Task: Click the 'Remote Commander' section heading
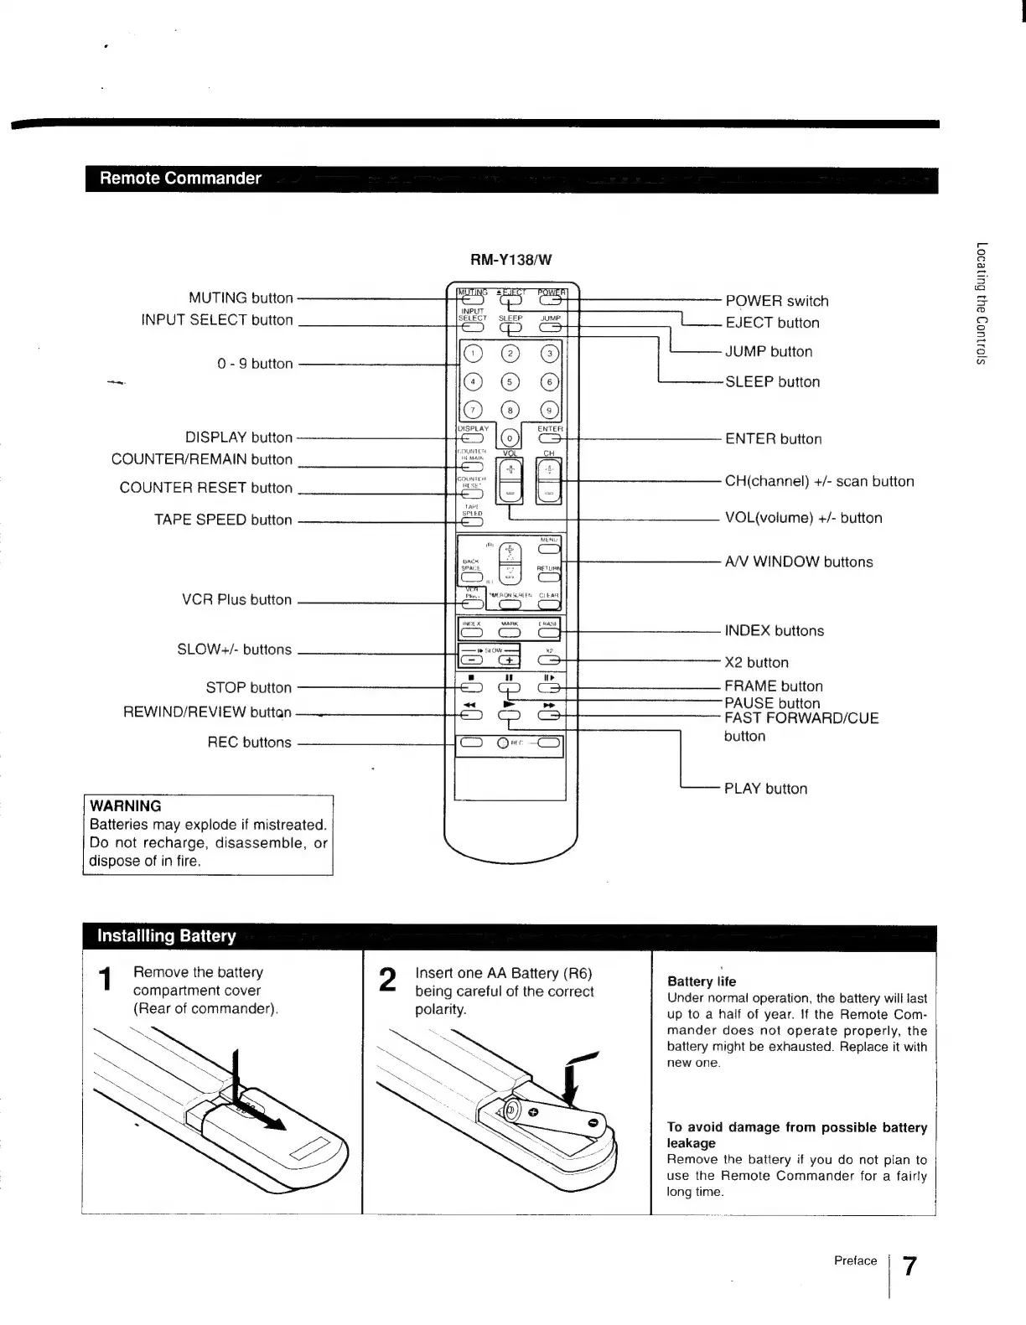(180, 179)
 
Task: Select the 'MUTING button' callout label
(241, 298)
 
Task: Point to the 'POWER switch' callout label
(776, 301)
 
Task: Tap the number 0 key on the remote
(509, 438)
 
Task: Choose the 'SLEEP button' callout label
(772, 381)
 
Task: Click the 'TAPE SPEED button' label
(223, 520)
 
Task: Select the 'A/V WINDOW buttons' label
(798, 562)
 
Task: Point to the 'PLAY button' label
(765, 789)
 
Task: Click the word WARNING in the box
(126, 806)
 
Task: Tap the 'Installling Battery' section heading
(167, 936)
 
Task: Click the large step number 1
(106, 979)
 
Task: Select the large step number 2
(387, 980)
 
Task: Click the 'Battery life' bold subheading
(702, 981)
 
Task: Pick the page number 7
(909, 1265)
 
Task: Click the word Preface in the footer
(855, 1260)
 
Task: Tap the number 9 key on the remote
(549, 410)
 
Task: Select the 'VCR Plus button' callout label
(236, 600)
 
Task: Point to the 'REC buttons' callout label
(249, 743)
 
